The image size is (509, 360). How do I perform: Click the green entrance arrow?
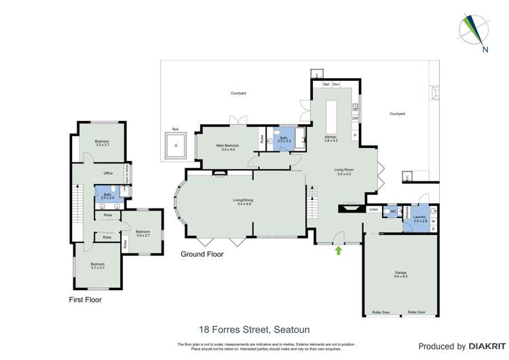pos(338,251)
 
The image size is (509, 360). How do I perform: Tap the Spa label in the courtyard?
pos(174,128)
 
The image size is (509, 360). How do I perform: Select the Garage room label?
pos(400,274)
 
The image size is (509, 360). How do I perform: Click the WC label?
pos(393,211)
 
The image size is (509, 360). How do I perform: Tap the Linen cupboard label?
pos(373,210)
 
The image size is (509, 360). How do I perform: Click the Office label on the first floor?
pos(108,173)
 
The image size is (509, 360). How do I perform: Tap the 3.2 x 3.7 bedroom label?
pos(102,143)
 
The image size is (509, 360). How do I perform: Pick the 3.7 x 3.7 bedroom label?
pos(98,266)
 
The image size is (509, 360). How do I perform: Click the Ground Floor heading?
pos(202,254)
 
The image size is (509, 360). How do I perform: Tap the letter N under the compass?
pos(485,50)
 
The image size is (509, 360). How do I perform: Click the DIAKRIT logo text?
pos(485,346)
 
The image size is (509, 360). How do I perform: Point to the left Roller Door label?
pos(381,312)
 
